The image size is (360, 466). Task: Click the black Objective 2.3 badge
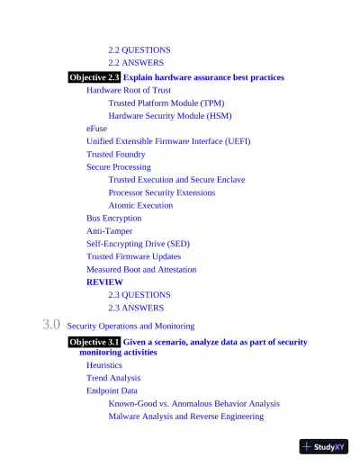click(x=94, y=77)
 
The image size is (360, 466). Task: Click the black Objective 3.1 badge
click(x=94, y=342)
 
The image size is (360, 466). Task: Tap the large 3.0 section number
click(x=51, y=325)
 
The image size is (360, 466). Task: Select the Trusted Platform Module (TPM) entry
click(x=166, y=103)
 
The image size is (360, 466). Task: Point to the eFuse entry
click(x=96, y=129)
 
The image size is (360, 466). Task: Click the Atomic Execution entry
click(x=140, y=205)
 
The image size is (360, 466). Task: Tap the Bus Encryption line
click(x=113, y=218)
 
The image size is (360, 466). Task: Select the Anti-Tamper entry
click(x=111, y=230)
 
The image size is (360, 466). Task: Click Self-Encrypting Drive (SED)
click(x=138, y=243)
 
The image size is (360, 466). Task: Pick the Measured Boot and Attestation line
click(x=140, y=269)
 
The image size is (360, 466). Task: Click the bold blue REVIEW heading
click(x=104, y=282)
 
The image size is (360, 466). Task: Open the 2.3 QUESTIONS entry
click(x=139, y=294)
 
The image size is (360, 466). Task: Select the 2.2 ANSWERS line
click(x=136, y=63)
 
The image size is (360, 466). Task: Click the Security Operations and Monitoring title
click(x=130, y=326)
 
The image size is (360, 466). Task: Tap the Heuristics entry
click(x=104, y=366)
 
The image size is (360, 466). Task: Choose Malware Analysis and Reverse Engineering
click(x=185, y=417)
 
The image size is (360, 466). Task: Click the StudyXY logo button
click(x=323, y=446)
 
